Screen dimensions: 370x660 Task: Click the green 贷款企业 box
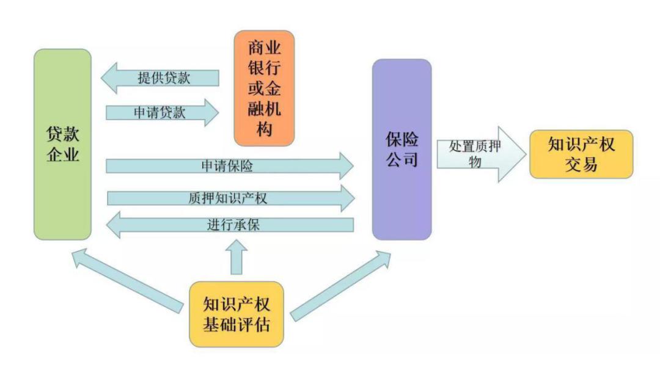(x=62, y=144)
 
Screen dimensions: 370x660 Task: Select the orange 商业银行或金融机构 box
(x=264, y=88)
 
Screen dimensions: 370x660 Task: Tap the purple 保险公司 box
(x=402, y=149)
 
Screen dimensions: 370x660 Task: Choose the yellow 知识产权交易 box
(x=581, y=154)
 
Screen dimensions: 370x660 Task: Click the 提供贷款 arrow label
(x=164, y=78)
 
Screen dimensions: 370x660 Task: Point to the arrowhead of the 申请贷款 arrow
(x=211, y=113)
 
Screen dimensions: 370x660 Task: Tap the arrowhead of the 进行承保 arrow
(x=114, y=225)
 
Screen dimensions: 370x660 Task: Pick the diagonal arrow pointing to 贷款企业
(x=128, y=278)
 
